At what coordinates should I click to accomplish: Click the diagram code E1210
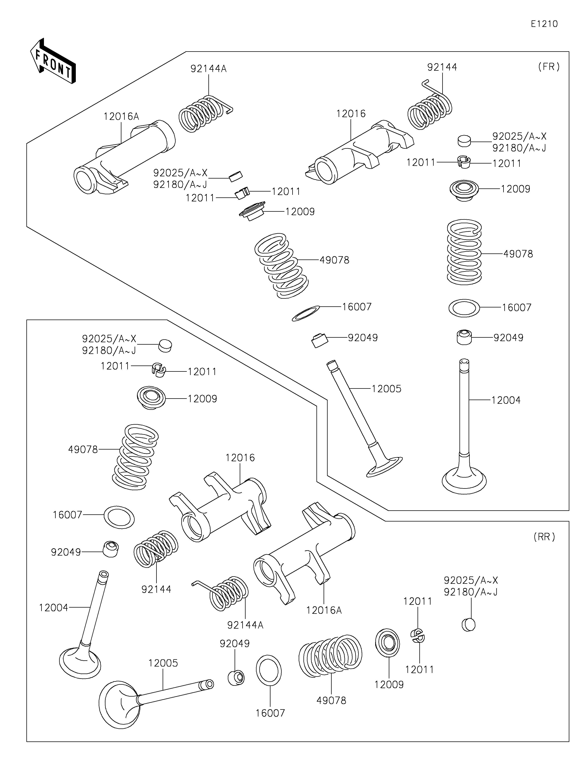tap(544, 24)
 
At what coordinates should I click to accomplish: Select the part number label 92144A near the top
tap(208, 69)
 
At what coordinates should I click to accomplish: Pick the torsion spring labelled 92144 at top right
tap(430, 109)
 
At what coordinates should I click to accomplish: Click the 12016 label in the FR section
tap(351, 114)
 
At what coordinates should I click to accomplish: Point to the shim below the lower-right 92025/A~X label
tap(468, 624)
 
